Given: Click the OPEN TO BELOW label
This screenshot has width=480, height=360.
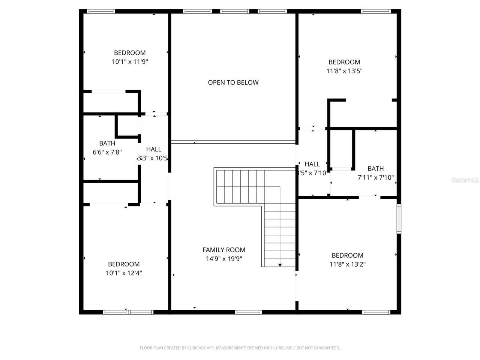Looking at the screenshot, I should point(233,82).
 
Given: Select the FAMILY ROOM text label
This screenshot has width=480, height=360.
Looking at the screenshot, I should point(224,250).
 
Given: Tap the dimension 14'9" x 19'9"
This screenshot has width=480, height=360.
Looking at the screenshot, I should point(224,259).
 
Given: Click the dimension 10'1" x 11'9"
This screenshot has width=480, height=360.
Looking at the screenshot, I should point(130,62).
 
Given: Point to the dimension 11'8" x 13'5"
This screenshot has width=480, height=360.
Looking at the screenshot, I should point(344,71).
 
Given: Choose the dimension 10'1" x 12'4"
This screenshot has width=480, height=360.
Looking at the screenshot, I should point(124,273).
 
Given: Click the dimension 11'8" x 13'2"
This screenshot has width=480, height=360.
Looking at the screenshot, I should point(347,264).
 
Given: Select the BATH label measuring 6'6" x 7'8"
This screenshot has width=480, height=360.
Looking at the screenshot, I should point(107,143).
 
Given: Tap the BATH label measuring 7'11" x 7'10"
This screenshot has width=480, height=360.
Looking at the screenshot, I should point(375,169).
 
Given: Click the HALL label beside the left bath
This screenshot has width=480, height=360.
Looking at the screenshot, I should point(154,149).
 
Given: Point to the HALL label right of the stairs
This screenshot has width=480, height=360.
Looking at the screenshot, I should point(312,164).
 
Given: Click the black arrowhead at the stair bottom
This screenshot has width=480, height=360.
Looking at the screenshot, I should point(280,265).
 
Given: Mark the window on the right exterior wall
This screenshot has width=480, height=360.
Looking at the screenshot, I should point(399,219).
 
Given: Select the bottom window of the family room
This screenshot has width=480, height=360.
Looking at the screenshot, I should point(249,312).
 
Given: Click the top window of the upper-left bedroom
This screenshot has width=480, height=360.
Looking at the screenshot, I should point(101,11).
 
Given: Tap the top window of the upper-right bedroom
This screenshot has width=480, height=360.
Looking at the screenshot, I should point(376,11).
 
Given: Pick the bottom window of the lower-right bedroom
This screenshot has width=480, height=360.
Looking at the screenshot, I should point(376,312).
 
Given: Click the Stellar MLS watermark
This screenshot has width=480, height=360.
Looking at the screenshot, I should point(465,180).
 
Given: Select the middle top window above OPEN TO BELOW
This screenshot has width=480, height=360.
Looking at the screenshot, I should point(235,11).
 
